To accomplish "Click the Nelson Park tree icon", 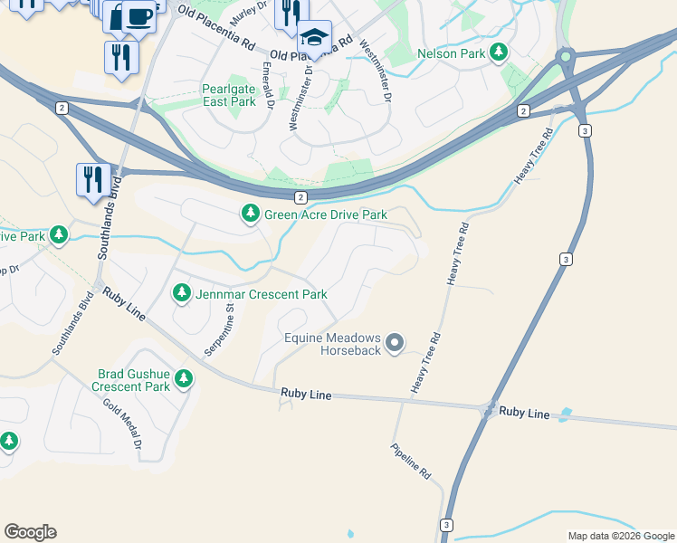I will point(498,53).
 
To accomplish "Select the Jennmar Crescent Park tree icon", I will point(182,294).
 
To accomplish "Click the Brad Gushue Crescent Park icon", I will point(184,378).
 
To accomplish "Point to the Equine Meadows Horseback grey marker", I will point(394,343).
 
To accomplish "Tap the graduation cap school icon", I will point(314,38).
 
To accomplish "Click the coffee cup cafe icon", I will point(138,17).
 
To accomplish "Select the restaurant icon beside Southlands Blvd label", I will point(93,179).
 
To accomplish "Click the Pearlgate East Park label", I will point(230,95).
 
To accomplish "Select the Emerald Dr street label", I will point(268,85).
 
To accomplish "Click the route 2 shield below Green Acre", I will point(300,196).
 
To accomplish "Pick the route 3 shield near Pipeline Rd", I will point(446,525).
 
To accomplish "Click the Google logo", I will point(30,532).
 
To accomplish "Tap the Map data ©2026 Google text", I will point(620,536).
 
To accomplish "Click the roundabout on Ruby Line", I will point(490,411).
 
